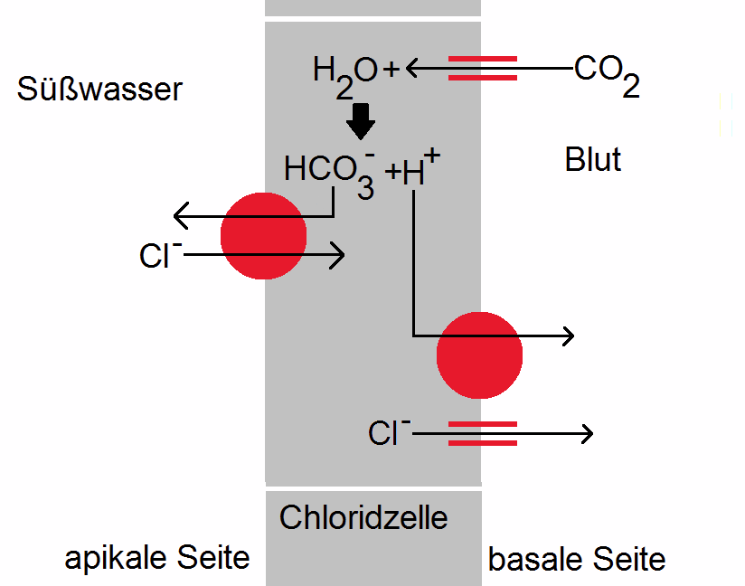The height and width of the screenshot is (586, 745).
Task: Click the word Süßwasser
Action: point(99,90)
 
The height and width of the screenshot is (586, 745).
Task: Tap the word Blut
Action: point(593,160)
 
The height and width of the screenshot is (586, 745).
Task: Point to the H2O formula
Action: point(344,71)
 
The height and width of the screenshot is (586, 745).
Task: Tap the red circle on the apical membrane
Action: point(263,235)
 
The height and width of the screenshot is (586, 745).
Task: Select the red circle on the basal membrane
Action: point(479,354)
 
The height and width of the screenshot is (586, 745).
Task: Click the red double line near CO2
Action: point(483,69)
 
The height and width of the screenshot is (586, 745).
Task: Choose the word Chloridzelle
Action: point(363,518)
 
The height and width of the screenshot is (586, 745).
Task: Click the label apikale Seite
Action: point(156,558)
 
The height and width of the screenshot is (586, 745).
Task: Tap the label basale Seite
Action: point(577,560)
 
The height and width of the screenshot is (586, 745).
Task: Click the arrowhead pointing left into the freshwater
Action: point(179,217)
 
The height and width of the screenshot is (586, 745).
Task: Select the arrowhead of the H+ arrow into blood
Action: point(568,336)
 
